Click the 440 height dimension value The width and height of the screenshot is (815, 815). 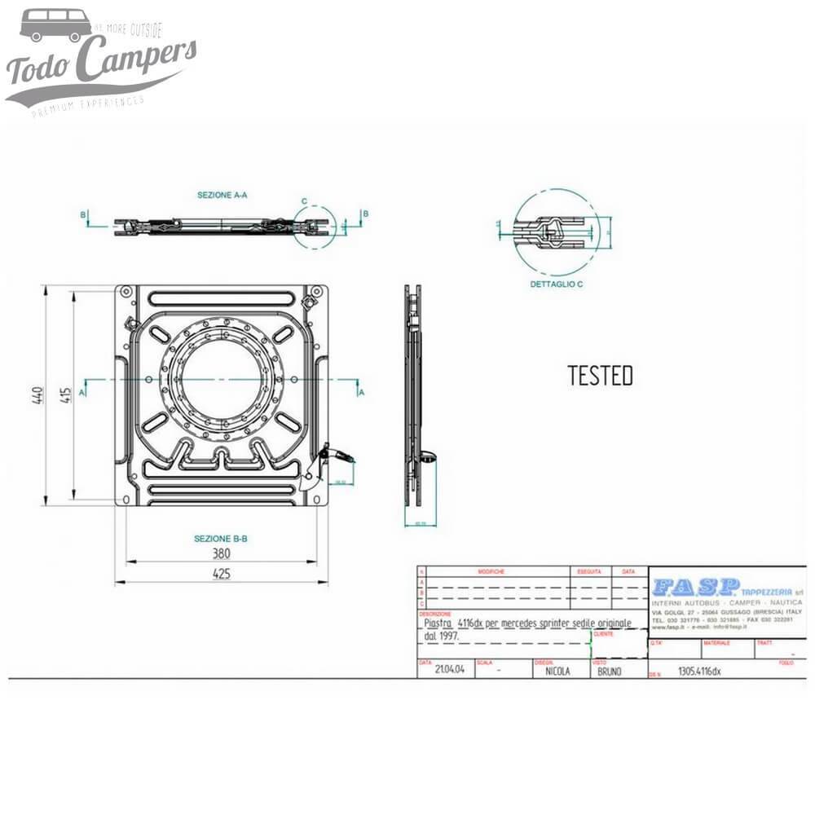point(37,395)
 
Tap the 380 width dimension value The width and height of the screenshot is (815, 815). point(221,554)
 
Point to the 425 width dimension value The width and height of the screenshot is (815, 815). point(221,574)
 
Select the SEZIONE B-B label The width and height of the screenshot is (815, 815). point(220,539)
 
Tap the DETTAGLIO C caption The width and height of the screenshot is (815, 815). point(556,284)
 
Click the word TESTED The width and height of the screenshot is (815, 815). point(600,376)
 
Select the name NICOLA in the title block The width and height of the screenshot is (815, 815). point(557,672)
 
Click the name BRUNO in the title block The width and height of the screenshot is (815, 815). point(609,672)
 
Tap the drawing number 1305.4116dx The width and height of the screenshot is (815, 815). point(699,672)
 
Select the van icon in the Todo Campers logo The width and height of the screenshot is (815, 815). point(55,26)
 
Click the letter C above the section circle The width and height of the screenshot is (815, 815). point(304,200)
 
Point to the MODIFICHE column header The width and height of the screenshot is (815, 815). point(491,572)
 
